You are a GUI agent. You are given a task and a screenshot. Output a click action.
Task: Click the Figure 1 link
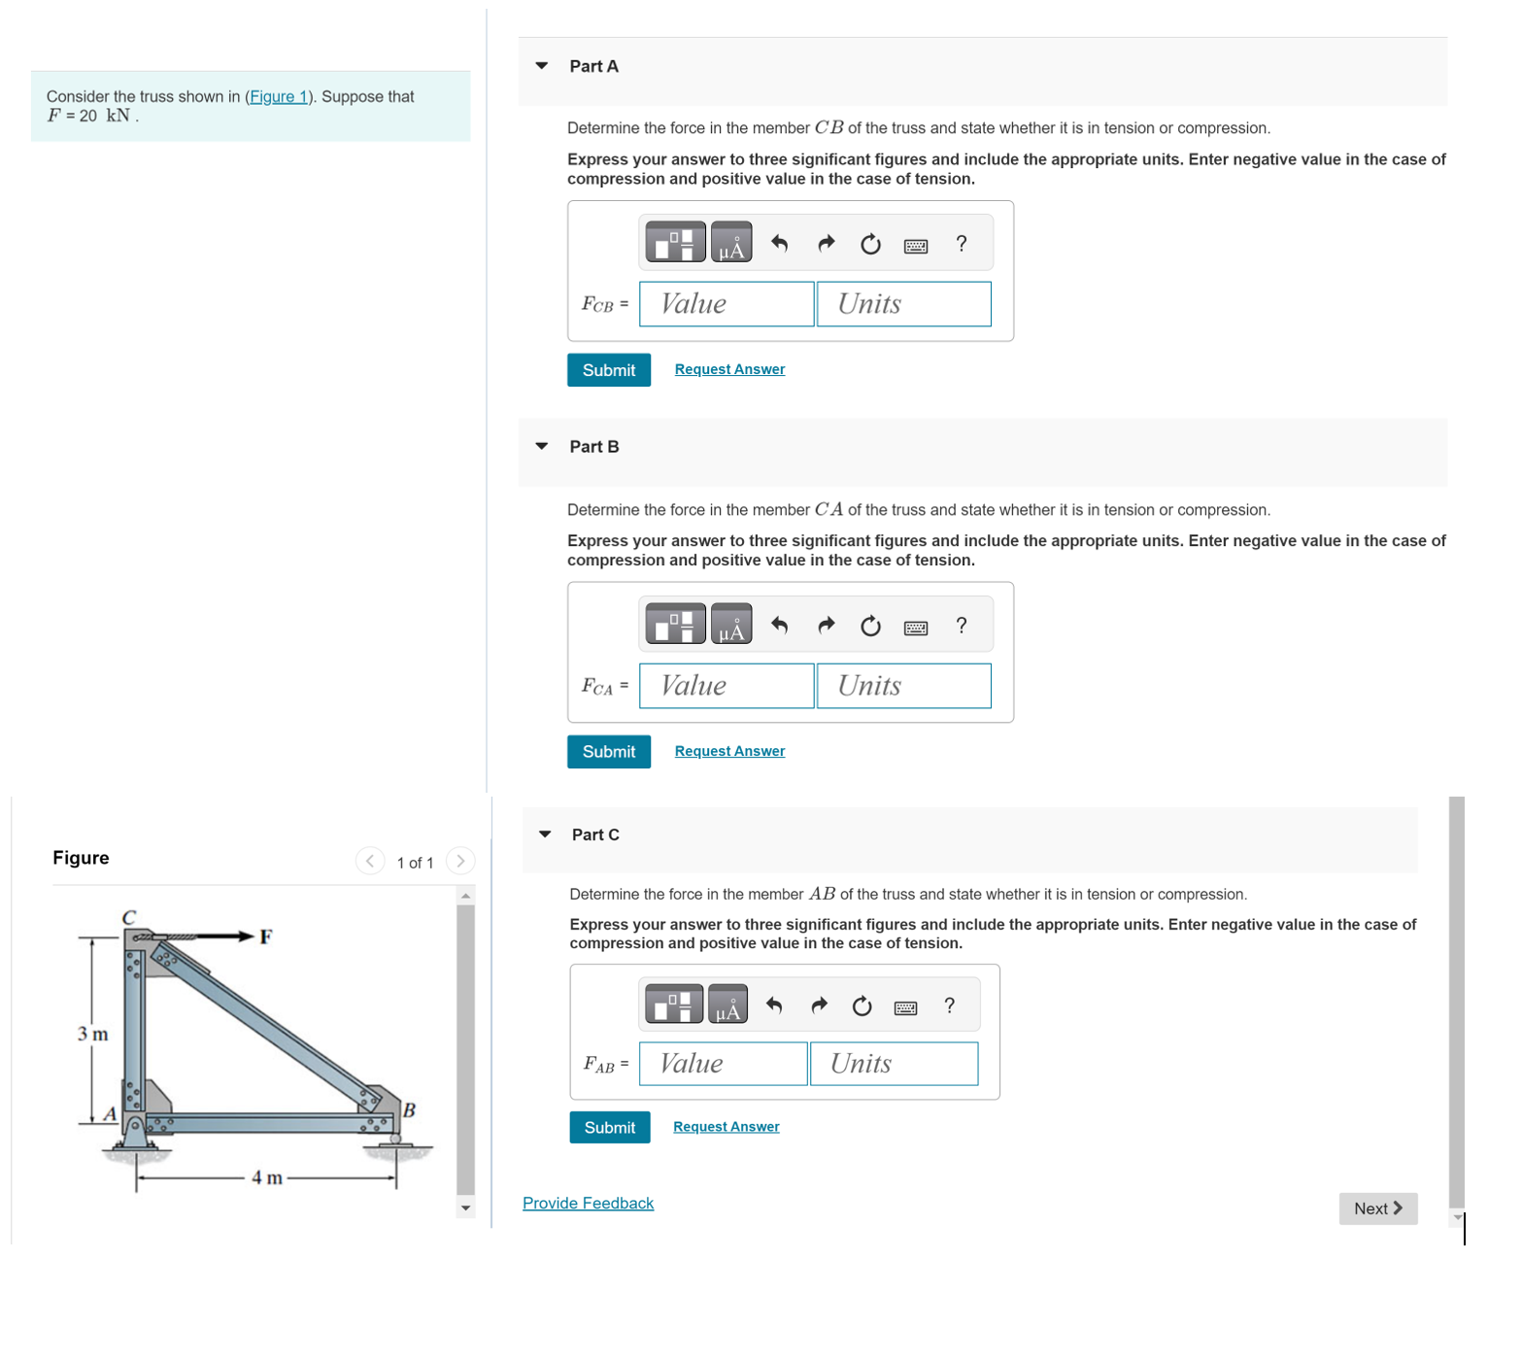[x=279, y=96]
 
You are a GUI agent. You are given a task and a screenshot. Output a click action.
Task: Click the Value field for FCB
[x=727, y=304]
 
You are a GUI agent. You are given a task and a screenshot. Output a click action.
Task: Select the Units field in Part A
[x=903, y=304]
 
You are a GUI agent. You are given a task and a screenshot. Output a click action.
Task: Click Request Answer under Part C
[x=726, y=1127]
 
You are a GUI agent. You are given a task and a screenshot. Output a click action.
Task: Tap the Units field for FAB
[x=893, y=1064]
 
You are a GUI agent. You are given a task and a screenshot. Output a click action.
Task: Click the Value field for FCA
[x=727, y=686]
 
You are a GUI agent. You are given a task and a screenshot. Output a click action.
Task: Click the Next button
[x=1377, y=1209]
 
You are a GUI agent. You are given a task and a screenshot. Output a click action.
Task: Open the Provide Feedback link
[x=588, y=1203]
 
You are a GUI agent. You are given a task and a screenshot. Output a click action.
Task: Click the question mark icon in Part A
[x=961, y=244]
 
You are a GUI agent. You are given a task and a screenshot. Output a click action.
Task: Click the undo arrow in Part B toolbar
[x=779, y=626]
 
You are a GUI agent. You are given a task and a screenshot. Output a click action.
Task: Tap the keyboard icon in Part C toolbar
[x=905, y=1007]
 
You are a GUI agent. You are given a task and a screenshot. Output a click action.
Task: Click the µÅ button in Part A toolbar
[x=730, y=244]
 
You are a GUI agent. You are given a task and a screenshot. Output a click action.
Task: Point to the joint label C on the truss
[x=129, y=917]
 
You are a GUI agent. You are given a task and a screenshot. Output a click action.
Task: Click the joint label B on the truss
[x=409, y=1109]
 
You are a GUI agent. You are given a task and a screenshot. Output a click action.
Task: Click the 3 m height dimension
[x=93, y=1034]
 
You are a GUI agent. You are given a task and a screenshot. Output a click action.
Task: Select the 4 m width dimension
[x=267, y=1177]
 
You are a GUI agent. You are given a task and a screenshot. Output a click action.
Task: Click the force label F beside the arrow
[x=265, y=936]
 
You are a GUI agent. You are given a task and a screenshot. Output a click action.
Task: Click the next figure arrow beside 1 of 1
[x=460, y=861]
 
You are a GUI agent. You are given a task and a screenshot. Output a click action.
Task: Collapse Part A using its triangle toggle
[x=542, y=66]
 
